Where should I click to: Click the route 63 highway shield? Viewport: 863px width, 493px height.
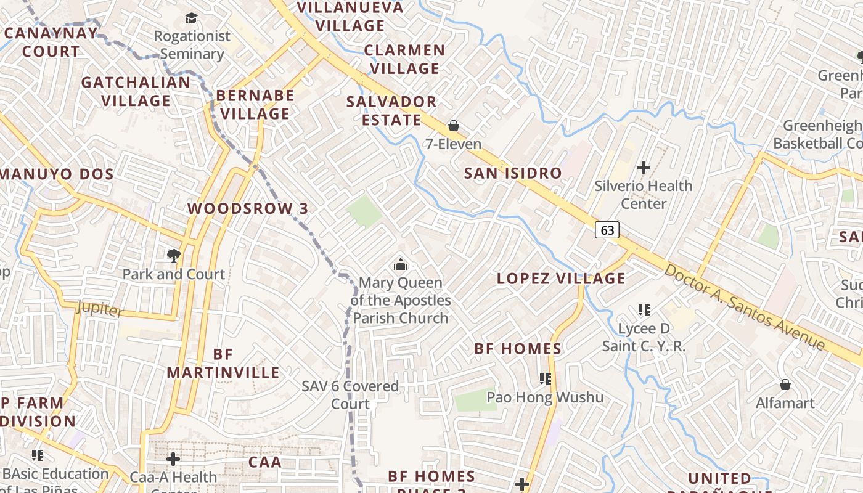pos(607,230)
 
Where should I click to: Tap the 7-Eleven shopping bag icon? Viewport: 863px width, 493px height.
pos(454,126)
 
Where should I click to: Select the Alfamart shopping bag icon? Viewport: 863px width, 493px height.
pos(785,385)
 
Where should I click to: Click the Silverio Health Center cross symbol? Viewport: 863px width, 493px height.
pos(644,167)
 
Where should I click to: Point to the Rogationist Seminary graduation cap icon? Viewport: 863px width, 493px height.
pos(192,18)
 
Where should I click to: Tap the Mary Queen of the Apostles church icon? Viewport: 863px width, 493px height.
pos(401,265)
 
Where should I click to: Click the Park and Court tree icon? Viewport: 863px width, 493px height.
pos(174,255)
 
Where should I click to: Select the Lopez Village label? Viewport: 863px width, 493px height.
pos(561,279)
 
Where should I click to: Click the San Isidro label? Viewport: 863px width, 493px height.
pos(513,173)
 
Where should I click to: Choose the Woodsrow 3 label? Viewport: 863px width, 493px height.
pos(248,208)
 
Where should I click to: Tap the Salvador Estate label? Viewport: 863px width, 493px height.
pos(391,110)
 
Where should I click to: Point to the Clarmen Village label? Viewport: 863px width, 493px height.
pos(404,59)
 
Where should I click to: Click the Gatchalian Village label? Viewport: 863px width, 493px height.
pos(136,91)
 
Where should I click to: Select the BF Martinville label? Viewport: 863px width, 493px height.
pos(223,364)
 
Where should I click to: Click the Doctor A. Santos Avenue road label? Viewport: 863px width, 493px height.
pos(745,306)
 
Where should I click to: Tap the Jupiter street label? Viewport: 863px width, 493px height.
pos(100,308)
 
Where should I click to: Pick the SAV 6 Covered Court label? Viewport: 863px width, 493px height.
pos(350,395)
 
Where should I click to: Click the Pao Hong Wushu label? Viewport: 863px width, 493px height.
pos(545,397)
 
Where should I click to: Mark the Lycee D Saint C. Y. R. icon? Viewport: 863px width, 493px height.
pos(644,309)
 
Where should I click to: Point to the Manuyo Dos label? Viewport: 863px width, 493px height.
pos(57,174)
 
